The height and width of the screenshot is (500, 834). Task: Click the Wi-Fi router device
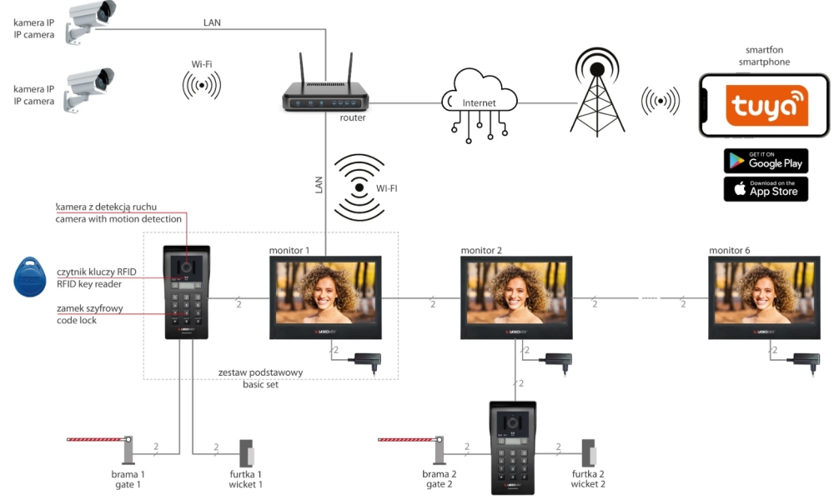point(324,96)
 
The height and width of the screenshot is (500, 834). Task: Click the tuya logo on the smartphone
point(766,106)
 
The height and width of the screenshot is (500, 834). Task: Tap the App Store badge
point(766,189)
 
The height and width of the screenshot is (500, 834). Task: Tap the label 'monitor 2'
point(481,250)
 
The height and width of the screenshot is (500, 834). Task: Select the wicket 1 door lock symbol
point(247,453)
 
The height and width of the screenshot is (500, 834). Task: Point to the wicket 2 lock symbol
point(589,453)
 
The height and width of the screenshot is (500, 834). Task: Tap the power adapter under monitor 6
point(805,360)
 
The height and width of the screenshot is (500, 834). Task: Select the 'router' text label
point(352,117)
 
